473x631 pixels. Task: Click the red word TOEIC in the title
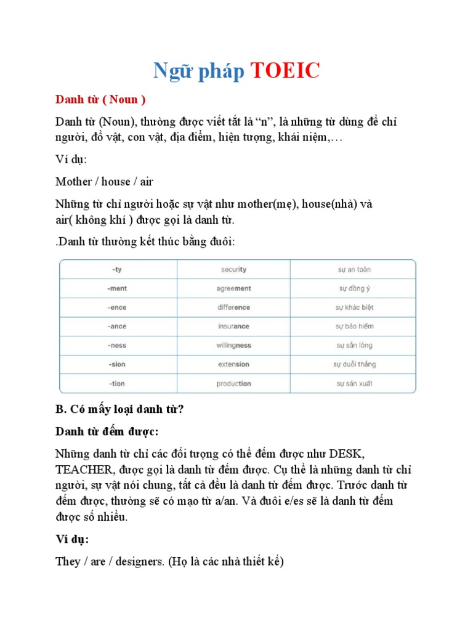[x=285, y=71]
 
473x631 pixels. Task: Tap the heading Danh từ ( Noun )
[x=100, y=100]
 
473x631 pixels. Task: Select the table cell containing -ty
[x=117, y=269]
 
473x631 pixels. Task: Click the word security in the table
[x=233, y=269]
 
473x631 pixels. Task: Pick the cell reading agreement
[x=233, y=288]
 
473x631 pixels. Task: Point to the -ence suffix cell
[x=117, y=307]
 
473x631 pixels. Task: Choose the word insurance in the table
[x=233, y=327]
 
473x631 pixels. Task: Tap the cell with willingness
[x=233, y=346]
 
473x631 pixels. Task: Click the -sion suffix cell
[x=117, y=364]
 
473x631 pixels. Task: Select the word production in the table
[x=233, y=383]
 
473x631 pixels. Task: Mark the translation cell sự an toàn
[x=354, y=269]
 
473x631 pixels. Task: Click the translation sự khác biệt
[x=354, y=307]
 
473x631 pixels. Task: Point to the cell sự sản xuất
[x=354, y=383]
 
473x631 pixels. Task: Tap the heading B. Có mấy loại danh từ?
[x=119, y=409]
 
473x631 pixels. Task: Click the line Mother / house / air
[x=104, y=181]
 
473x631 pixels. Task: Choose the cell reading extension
[x=233, y=364]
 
